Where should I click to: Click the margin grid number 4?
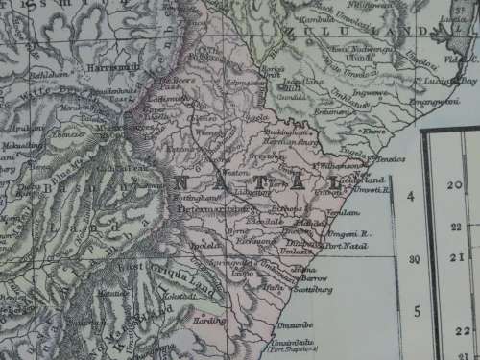[410, 197]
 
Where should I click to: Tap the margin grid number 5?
[416, 311]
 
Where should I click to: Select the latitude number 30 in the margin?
[414, 259]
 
